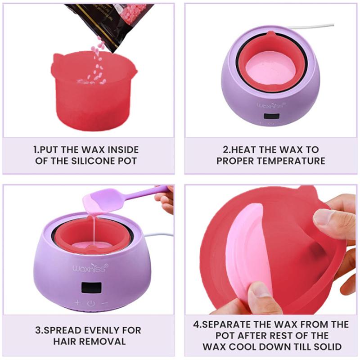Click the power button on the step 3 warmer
[x=91, y=303]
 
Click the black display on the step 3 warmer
[x=90, y=287]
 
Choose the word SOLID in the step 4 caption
[x=327, y=347]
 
